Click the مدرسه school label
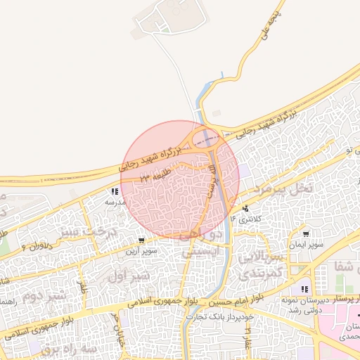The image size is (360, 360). point(115,202)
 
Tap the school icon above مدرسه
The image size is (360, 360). point(114,191)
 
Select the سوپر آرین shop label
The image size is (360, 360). point(141,250)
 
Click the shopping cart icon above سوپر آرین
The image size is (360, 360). point(143,240)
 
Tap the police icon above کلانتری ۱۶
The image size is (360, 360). point(245,209)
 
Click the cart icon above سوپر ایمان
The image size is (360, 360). point(306,234)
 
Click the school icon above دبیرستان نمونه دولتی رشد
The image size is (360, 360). point(304,289)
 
